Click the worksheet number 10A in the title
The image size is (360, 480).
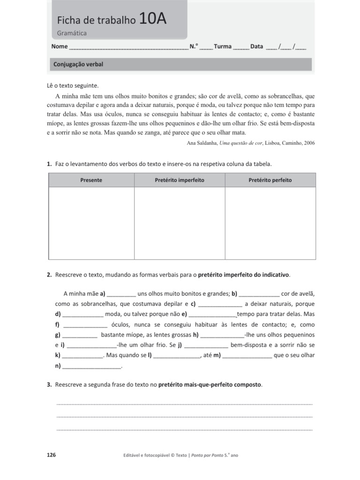(x=152, y=19)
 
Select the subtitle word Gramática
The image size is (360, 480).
(x=72, y=33)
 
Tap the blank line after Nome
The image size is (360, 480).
(x=128, y=47)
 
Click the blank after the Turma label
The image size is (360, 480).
(x=241, y=47)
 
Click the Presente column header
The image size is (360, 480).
(x=91, y=180)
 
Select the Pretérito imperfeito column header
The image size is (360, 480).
(x=180, y=180)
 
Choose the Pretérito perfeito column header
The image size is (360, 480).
(x=270, y=180)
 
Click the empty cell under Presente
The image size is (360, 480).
(x=91, y=223)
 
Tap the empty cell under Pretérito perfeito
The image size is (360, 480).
(x=270, y=223)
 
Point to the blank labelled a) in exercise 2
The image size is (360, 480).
(x=121, y=294)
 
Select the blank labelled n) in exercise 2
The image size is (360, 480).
(x=92, y=366)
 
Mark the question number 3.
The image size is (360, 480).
(x=49, y=384)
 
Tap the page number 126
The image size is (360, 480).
(x=52, y=455)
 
